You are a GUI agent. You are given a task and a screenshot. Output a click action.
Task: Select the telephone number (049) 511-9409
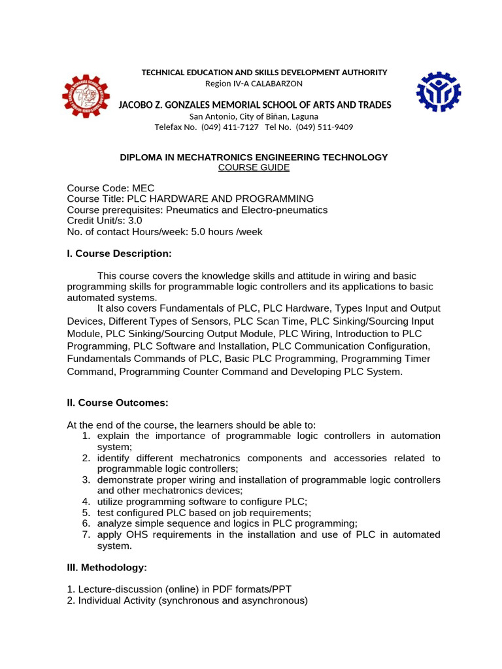tap(324, 127)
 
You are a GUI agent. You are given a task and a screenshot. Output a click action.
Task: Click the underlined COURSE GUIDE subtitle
tap(254, 168)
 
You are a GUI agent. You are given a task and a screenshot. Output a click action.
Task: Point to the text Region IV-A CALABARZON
tap(254, 83)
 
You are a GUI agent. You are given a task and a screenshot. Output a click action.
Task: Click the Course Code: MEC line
tap(110, 188)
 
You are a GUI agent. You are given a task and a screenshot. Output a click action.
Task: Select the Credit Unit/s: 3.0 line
tap(105, 221)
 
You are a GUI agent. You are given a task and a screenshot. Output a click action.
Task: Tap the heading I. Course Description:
tap(119, 253)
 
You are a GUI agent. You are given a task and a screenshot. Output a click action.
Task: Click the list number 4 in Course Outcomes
tap(86, 501)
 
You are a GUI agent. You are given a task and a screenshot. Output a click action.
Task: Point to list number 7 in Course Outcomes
tap(86, 534)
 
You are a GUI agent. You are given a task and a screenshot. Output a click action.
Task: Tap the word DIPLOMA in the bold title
tap(139, 157)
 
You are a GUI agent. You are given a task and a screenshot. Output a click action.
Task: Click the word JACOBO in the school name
tap(137, 105)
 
